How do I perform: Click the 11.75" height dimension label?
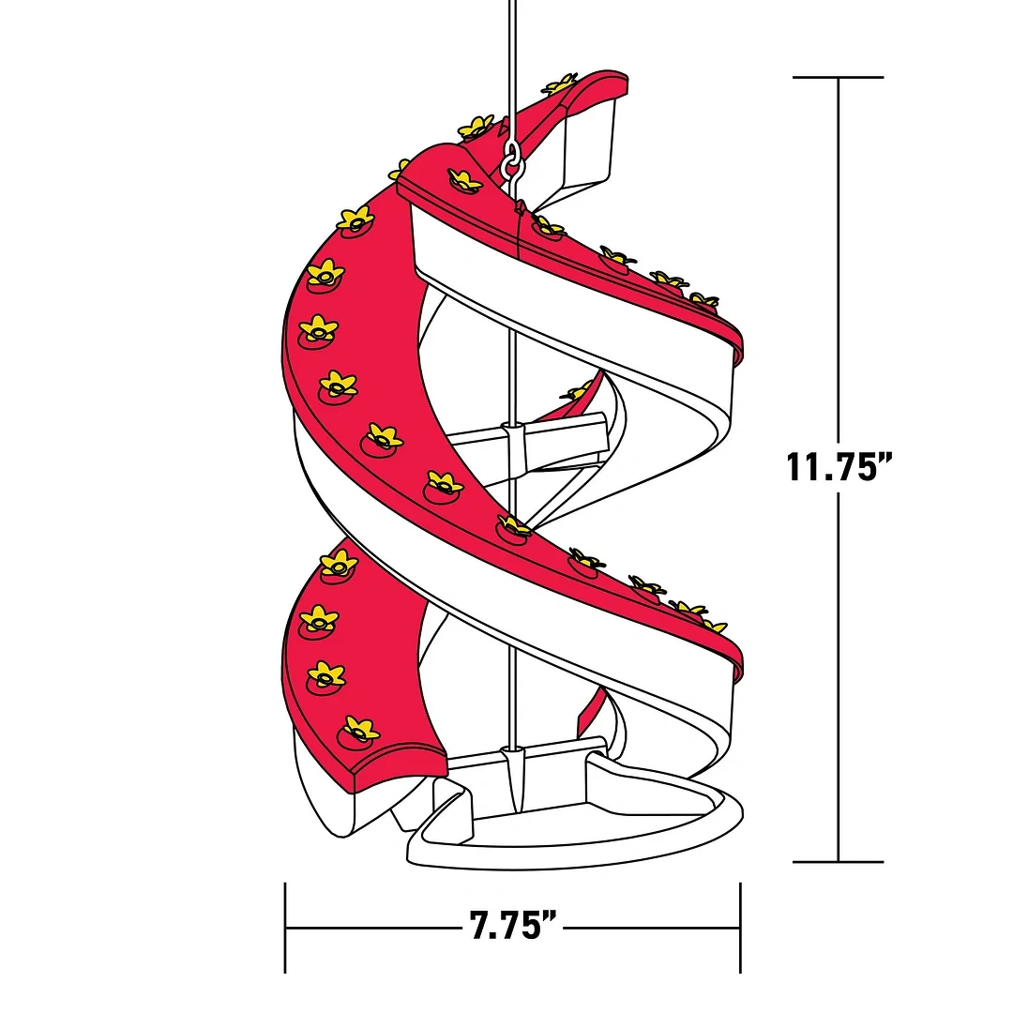838,466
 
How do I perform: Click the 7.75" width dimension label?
513,927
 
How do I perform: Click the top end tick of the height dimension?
838,77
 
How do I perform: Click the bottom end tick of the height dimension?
838,861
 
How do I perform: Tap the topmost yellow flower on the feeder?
561,84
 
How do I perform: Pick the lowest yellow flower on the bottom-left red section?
360,728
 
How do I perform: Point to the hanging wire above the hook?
512,56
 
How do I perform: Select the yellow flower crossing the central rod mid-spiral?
515,526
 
